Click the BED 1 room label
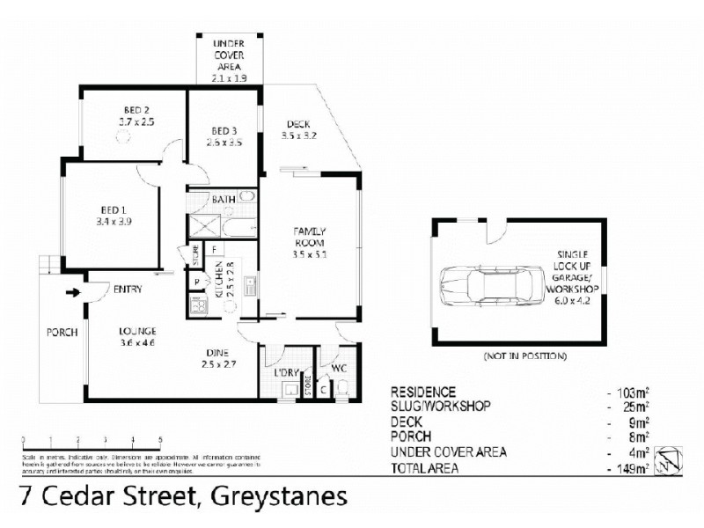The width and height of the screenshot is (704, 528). [111, 209]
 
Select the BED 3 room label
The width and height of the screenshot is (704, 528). [224, 131]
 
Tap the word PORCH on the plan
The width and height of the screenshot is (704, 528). [62, 333]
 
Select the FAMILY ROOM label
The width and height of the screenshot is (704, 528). [311, 236]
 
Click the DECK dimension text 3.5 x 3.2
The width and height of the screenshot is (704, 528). [299, 136]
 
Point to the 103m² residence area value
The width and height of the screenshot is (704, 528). [634, 392]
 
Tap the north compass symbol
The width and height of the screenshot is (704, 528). [671, 459]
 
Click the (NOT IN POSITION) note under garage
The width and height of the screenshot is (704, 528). [524, 356]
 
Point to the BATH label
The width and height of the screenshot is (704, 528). [223, 200]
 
